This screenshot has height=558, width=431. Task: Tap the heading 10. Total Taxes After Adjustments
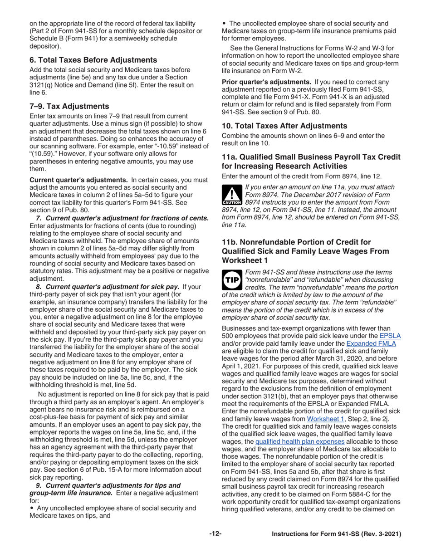tap(284, 126)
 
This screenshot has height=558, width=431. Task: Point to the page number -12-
tap(215, 534)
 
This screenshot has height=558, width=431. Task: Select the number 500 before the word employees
tap(228, 336)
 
